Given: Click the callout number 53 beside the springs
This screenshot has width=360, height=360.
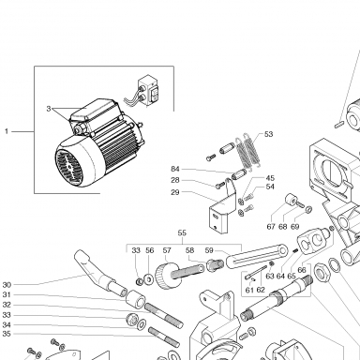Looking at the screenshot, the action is (268, 134).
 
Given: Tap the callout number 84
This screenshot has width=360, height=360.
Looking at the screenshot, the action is (175, 169).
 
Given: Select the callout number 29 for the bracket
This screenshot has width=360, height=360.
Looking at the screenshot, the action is (175, 192).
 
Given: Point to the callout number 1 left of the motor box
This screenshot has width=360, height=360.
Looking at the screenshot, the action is (7, 131).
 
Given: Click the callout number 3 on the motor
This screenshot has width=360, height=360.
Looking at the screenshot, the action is (49, 109).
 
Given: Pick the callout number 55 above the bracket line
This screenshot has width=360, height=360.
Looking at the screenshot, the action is (182, 232).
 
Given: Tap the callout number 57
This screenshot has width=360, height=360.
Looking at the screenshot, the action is (167, 250).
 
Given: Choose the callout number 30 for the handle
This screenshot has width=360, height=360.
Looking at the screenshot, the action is (7, 285).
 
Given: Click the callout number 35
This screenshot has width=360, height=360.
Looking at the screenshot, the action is (7, 334).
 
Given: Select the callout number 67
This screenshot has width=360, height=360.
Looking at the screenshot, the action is (271, 226).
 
